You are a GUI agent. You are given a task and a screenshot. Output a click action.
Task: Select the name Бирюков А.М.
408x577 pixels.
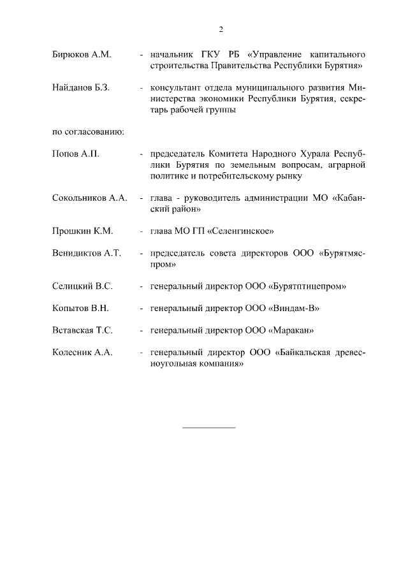click(82, 55)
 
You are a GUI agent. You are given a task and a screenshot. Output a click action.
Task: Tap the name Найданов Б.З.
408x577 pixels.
click(81, 87)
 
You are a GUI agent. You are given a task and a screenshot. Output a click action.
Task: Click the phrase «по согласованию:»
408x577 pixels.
click(87, 132)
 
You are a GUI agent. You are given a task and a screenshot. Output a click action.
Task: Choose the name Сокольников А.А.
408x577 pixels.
click(90, 198)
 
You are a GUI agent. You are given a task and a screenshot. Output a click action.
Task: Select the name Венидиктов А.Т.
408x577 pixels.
click(87, 253)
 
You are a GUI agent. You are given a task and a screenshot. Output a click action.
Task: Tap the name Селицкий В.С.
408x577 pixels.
click(83, 286)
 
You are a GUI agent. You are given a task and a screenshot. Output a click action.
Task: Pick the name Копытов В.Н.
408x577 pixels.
click(81, 309)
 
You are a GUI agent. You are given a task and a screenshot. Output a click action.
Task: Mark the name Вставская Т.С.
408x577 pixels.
click(82, 330)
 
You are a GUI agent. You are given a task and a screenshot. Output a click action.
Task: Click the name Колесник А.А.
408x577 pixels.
click(82, 353)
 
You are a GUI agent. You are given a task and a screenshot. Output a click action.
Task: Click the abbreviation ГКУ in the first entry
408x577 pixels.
click(203, 55)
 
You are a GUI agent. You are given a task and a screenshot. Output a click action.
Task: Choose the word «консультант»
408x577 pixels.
click(175, 87)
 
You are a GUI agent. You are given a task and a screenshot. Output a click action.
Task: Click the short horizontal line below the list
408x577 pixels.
click(208, 427)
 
